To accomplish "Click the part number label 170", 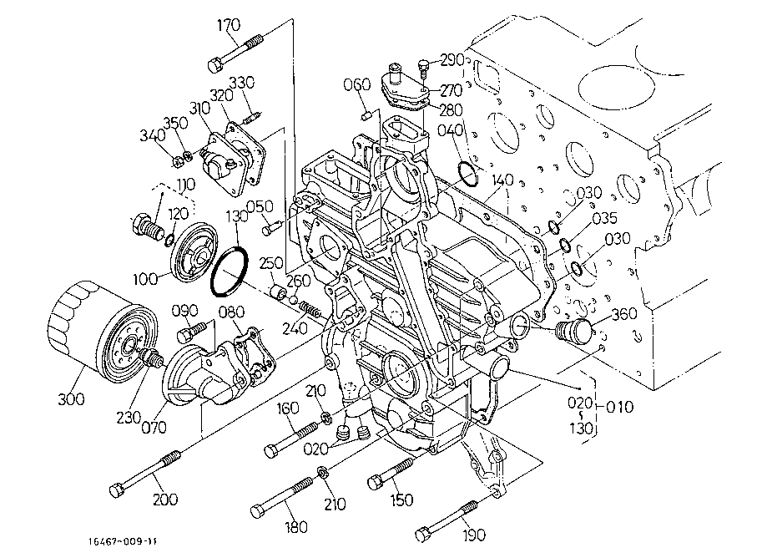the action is (229, 25).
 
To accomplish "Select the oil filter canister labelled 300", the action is (103, 332).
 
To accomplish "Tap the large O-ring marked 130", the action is (229, 272).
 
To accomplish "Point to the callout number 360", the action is (624, 314).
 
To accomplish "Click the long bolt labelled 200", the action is (146, 473).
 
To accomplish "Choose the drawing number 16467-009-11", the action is (123, 541).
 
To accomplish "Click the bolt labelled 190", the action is (447, 520).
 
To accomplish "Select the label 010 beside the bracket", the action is (619, 407).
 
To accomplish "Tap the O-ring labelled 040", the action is (467, 175).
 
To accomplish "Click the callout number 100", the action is (144, 279).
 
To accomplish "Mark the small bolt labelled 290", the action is (424, 68).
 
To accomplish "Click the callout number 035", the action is (604, 218).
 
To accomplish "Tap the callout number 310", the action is (199, 108).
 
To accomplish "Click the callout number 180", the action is (295, 527).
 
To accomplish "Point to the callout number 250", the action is (270, 263).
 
